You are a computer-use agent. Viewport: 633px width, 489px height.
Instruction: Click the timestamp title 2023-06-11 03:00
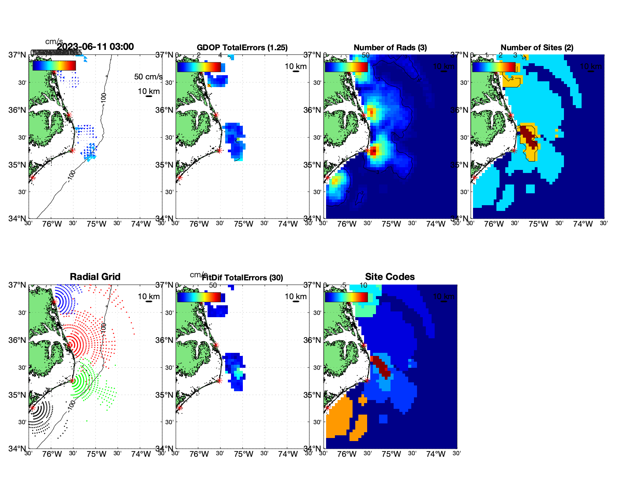coord(95,47)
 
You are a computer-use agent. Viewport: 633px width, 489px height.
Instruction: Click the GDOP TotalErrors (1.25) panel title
coord(242,48)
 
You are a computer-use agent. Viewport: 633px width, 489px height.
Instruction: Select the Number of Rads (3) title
coord(390,48)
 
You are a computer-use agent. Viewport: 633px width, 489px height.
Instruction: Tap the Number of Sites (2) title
coord(537,48)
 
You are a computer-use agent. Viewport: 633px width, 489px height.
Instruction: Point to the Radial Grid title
coord(95,277)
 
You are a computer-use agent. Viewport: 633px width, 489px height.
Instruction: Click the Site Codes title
coord(390,277)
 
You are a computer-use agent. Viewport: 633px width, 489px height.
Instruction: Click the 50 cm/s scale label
coord(148,77)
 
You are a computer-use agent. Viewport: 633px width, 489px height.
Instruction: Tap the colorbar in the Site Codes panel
coord(346,297)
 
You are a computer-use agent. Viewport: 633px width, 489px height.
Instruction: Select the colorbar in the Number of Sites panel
coord(494,67)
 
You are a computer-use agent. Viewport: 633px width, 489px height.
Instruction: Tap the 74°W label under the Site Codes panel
coord(435,454)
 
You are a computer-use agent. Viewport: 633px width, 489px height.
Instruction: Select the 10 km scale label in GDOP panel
coord(295,66)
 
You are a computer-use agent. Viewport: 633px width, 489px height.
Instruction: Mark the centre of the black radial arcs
coord(33,408)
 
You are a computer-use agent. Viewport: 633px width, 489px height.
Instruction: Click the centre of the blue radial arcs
coord(54,302)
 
